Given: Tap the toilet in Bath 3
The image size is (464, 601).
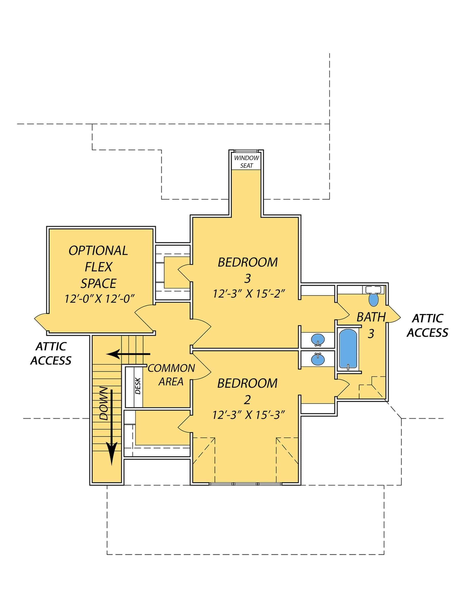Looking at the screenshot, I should click(373, 300).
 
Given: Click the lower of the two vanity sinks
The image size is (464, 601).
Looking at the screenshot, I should click(318, 359).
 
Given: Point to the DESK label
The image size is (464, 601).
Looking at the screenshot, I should click(138, 386).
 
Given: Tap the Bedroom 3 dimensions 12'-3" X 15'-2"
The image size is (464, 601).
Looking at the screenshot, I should click(248, 294).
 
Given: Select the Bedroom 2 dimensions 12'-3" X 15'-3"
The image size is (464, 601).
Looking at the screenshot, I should click(248, 415).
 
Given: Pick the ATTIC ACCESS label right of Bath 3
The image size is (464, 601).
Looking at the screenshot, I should click(427, 326).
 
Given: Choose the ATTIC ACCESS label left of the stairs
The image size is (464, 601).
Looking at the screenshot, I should click(51, 353).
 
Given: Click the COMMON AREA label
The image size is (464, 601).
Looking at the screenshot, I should click(171, 375).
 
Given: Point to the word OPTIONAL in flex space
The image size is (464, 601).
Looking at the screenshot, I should click(98, 251).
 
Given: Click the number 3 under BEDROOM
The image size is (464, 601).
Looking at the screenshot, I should click(247, 278).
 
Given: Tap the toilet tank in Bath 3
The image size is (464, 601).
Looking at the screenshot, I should click(373, 290).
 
